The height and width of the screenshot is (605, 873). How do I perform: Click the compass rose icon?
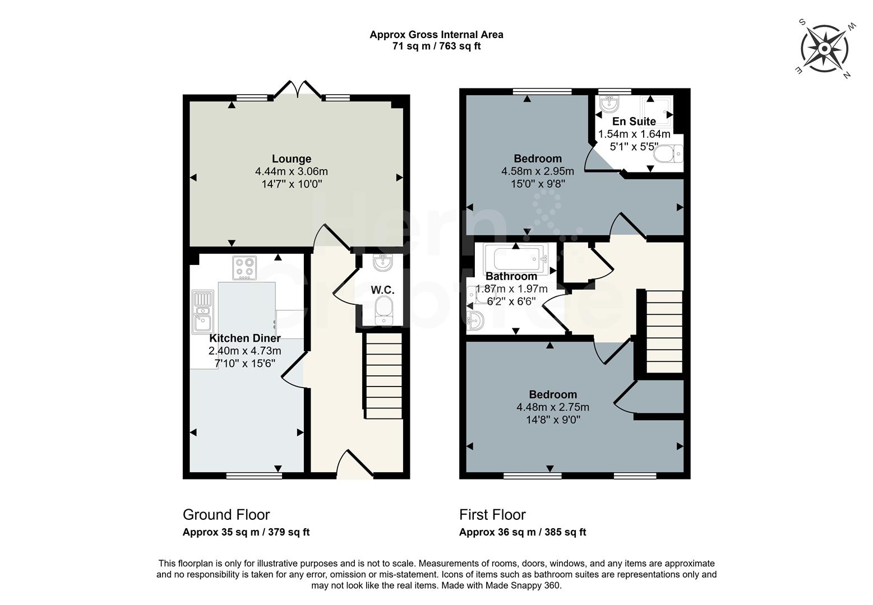(825, 49)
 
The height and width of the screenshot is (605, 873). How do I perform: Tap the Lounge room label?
(291, 159)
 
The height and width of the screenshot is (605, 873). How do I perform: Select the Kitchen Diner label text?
(245, 338)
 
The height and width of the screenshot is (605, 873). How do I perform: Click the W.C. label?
(382, 290)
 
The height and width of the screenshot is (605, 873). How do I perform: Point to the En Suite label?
(634, 122)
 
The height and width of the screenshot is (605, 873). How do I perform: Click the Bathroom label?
(511, 276)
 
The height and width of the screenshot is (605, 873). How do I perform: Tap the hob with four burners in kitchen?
(244, 268)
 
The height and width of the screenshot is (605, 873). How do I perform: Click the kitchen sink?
(202, 311)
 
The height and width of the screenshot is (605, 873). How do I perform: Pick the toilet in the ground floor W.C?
(384, 310)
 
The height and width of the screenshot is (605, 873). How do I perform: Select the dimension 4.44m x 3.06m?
(291, 171)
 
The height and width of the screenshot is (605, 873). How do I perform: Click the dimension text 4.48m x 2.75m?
(552, 407)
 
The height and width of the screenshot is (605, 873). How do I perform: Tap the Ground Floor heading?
(226, 514)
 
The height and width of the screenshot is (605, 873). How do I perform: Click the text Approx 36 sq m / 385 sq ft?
(522, 532)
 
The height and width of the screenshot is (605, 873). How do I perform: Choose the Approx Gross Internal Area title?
(436, 35)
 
